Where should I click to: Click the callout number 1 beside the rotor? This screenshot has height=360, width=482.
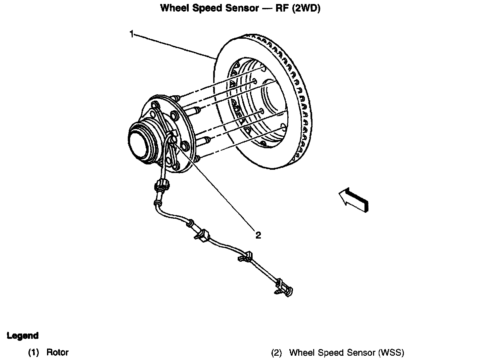[x=132, y=34]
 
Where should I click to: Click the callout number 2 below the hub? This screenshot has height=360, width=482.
[x=258, y=235]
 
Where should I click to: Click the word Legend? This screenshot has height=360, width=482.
[x=23, y=336]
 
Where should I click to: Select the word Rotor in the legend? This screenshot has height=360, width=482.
[x=57, y=352]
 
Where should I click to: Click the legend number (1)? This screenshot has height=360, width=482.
[x=34, y=352]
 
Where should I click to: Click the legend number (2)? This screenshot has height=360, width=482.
[x=276, y=352]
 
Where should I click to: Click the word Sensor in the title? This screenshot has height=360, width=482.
[x=242, y=8]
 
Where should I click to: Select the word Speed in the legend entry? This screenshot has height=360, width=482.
[x=325, y=352]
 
